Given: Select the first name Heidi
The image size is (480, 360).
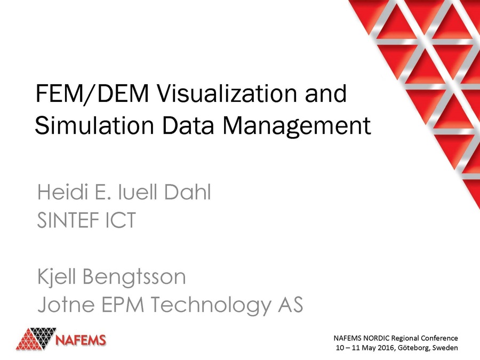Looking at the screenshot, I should (x=61, y=193).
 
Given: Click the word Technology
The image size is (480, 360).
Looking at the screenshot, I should (x=207, y=305).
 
